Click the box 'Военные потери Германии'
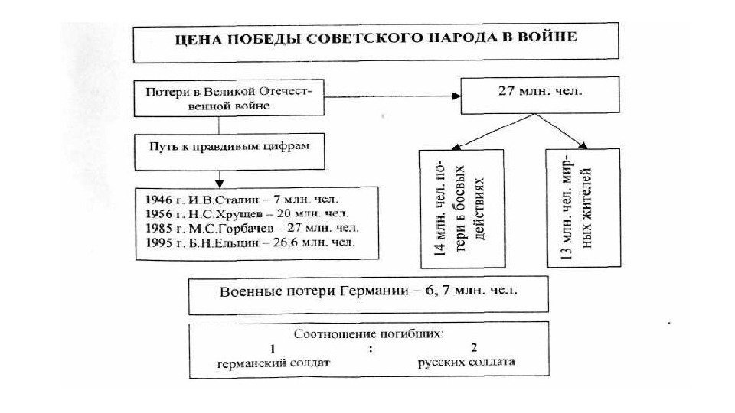tap(368, 294)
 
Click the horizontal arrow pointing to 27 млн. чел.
tap(390, 96)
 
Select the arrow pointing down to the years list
tap(220, 177)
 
